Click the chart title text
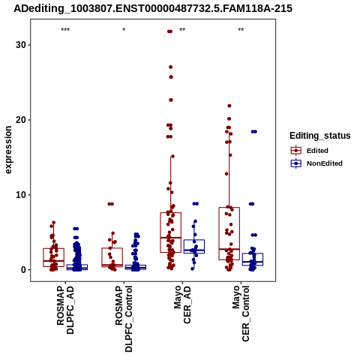(153, 8)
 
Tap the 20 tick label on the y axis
(21, 120)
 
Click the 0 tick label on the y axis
(23, 270)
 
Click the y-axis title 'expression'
(8, 150)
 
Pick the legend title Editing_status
(320, 136)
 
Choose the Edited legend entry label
(317, 151)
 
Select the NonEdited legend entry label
(325, 163)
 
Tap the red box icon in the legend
(296, 151)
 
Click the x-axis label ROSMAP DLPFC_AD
(65, 310)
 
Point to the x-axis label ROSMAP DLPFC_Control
(124, 319)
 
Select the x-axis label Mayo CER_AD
(182, 304)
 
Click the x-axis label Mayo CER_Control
(241, 313)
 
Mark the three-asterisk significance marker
(65, 30)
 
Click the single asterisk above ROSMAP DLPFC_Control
(124, 30)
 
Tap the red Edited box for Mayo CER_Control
(229, 233)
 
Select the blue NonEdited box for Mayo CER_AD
(194, 247)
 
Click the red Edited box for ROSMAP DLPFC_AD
(54, 257)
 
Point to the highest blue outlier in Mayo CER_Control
(254, 132)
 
